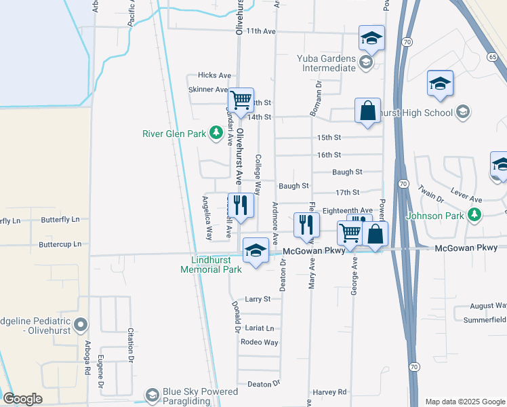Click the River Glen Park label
click(174, 134)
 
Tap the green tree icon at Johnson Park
click(475, 216)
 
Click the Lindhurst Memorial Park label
click(211, 265)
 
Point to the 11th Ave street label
click(261, 31)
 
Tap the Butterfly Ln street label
click(60, 220)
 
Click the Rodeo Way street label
click(260, 343)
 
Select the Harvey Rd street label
click(329, 392)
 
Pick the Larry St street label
click(258, 298)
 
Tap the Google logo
click(22, 399)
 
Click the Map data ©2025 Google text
click(464, 402)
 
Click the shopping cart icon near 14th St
click(241, 100)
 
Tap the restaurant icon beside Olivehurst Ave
click(241, 204)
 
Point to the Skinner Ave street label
click(208, 90)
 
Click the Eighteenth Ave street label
click(348, 211)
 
